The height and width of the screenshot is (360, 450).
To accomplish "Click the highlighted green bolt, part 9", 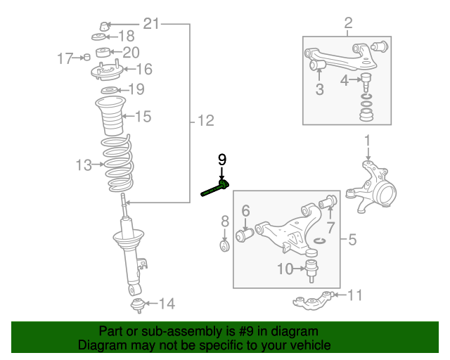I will click(214, 189).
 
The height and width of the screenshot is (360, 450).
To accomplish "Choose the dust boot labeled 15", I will click(110, 117).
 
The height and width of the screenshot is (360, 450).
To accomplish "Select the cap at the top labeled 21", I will click(103, 27).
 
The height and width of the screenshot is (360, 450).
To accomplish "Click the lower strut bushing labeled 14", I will click(137, 304).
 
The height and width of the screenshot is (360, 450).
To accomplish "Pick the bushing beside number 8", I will click(224, 247).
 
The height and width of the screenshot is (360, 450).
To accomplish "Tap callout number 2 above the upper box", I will click(347, 25).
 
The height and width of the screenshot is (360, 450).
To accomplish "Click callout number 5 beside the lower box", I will click(352, 240).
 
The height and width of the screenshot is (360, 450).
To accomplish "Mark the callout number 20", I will click(131, 52).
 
